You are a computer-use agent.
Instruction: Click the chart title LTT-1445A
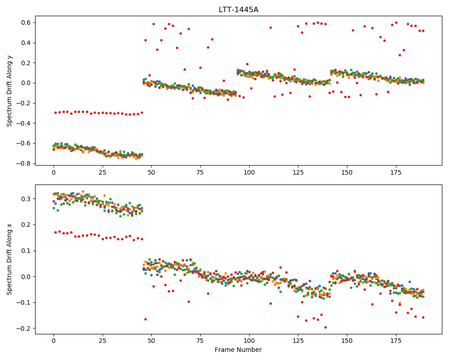coord(238,10)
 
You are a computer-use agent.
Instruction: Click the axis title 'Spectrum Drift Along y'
coord(9,90)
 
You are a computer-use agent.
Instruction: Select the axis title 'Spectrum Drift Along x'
coord(9,259)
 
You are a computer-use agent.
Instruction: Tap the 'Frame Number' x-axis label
coord(238,350)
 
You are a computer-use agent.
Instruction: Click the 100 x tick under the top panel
coord(249,172)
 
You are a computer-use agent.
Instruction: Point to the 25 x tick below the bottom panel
coord(103,341)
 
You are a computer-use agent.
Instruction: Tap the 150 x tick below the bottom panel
coord(347,341)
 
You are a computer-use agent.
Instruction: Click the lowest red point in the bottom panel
coord(325,327)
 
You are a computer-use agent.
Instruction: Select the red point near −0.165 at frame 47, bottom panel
coord(145,319)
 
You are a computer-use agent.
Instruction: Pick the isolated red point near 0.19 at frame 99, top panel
coord(247,64)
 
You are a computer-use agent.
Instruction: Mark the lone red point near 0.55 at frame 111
coord(270,28)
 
